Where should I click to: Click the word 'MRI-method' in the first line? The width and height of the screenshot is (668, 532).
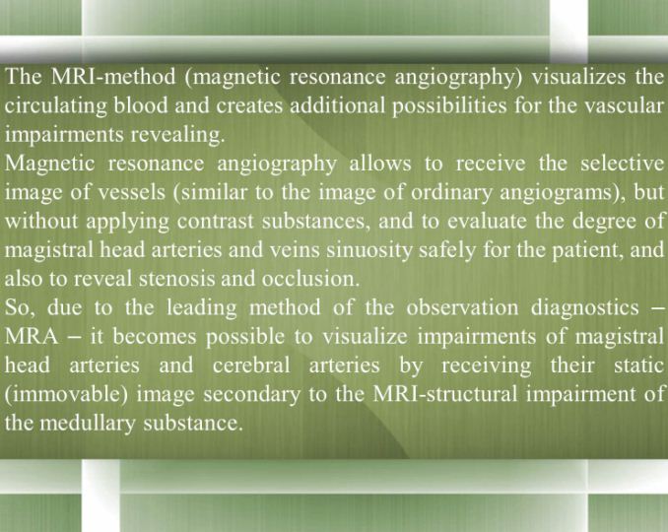tap(113, 77)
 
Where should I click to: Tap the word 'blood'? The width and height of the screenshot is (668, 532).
tap(141, 105)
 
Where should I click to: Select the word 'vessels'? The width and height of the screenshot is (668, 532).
tap(132, 192)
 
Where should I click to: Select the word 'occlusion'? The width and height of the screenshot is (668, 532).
tap(310, 279)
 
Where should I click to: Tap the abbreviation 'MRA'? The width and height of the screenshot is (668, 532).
tap(32, 337)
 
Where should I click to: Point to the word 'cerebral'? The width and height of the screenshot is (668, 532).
tap(251, 366)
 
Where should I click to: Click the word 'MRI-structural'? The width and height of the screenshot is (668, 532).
tap(444, 394)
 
